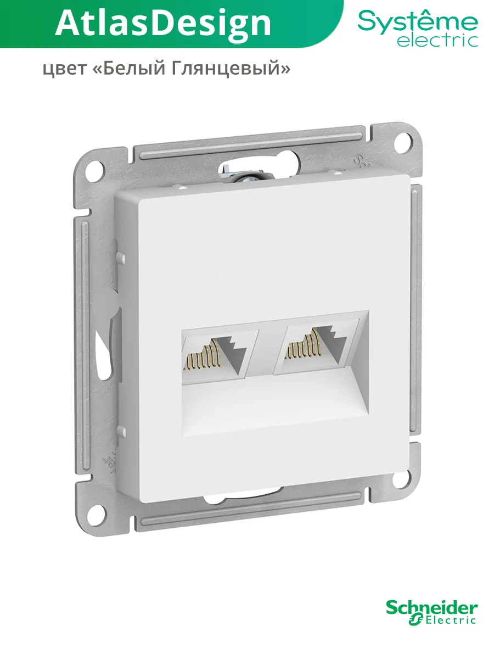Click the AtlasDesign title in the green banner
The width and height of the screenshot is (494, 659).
(163, 25)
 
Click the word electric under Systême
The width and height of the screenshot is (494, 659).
(437, 41)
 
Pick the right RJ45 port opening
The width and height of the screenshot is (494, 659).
(317, 347)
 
